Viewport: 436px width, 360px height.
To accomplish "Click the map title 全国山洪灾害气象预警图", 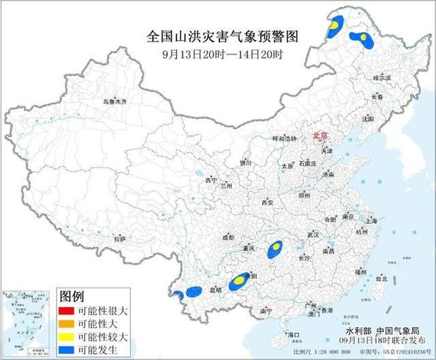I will [223, 35].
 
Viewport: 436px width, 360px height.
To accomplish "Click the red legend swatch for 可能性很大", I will [65, 309].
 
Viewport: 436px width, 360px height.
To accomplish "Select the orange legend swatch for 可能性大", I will [65, 323].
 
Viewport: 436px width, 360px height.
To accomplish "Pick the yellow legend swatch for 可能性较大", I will [65, 336].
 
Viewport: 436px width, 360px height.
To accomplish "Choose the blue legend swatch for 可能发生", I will [65, 350].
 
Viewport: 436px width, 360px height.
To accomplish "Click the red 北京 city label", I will [320, 137].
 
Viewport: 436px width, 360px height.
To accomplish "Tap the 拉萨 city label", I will [120, 239].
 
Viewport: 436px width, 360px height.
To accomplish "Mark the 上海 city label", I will [371, 221].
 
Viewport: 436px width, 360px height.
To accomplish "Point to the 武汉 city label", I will [313, 234].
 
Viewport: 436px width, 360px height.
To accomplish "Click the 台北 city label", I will [381, 278].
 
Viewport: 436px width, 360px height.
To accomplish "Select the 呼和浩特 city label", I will [284, 138].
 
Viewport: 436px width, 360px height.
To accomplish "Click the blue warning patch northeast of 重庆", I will [275, 248].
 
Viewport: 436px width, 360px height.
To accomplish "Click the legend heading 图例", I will [72, 295].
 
